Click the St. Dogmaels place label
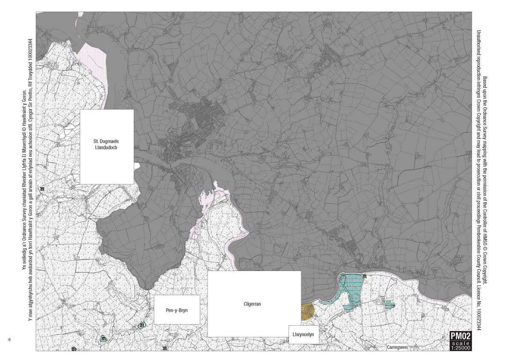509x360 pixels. [x=107, y=141]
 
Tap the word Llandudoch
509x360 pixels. [x=107, y=147]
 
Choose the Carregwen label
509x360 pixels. [x=397, y=347]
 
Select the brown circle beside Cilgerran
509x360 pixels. [x=307, y=311]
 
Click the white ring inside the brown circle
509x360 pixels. [x=303, y=307]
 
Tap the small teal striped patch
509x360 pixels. [x=389, y=304]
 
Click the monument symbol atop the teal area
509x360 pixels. [x=364, y=277]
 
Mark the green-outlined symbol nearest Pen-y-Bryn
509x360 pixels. [x=142, y=325]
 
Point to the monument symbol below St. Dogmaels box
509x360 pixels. [x=42, y=189]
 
